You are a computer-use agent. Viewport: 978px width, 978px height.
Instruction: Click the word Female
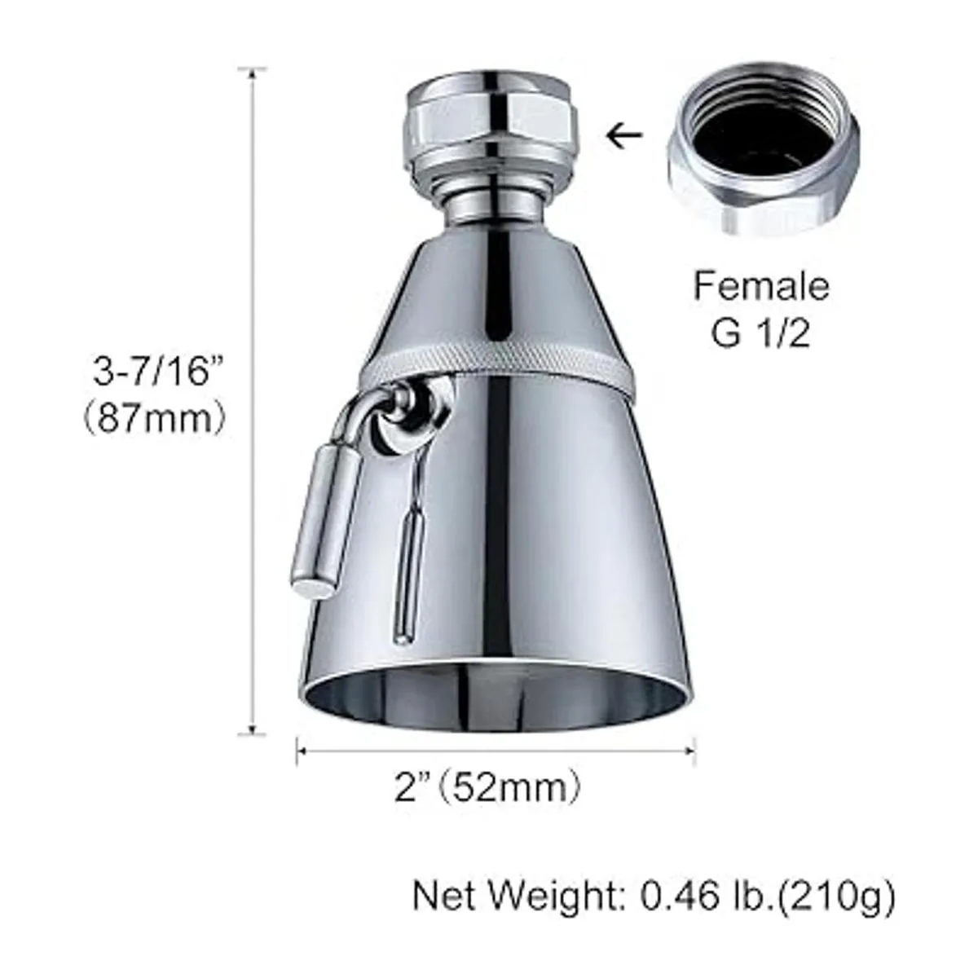click(760, 286)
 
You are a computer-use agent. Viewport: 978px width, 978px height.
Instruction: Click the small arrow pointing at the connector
click(625, 135)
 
